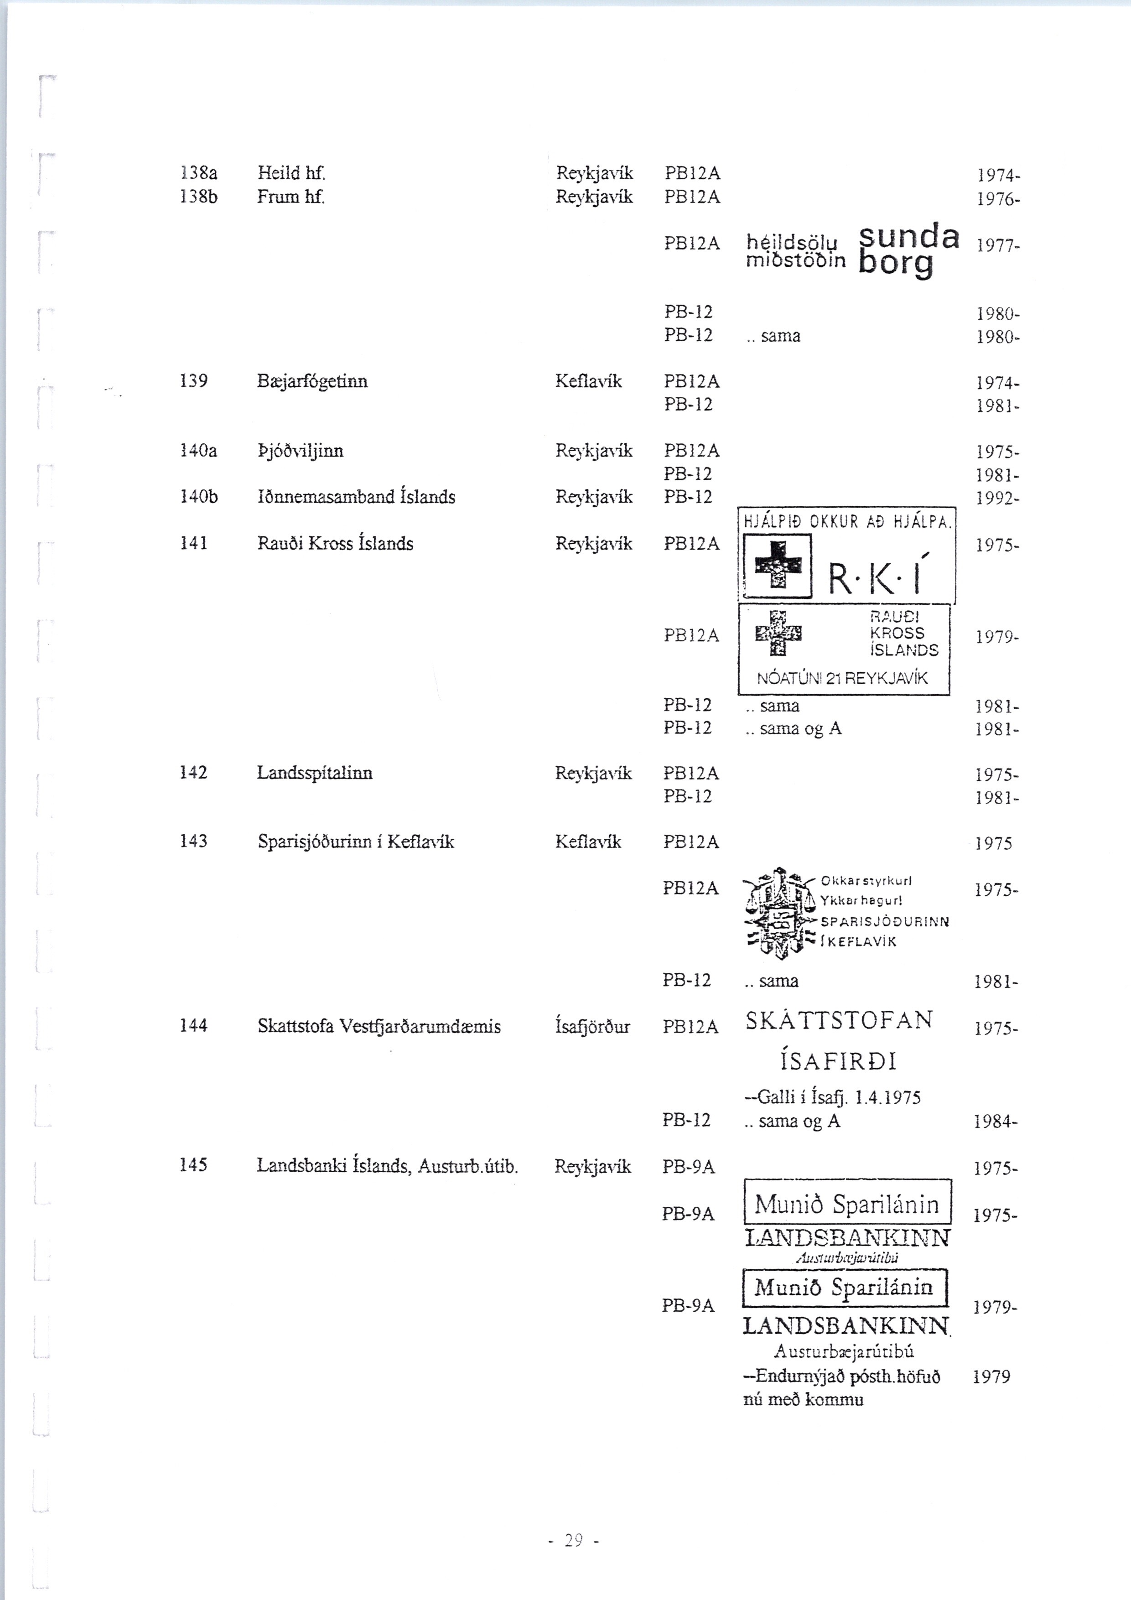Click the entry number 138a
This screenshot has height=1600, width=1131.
[x=198, y=173]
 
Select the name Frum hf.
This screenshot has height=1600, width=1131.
[x=291, y=197]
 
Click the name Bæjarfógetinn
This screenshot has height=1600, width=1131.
[x=312, y=381]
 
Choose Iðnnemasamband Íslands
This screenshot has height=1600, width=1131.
[x=356, y=497]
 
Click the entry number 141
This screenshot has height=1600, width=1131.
[x=194, y=544]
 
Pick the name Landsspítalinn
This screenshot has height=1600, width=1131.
[x=314, y=773]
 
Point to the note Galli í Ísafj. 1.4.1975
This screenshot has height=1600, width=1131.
[x=833, y=1097]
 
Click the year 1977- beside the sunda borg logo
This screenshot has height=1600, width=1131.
[x=998, y=245]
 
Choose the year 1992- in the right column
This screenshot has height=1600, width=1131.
[x=997, y=498]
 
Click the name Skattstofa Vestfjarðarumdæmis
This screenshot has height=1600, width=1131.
[x=379, y=1027]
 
